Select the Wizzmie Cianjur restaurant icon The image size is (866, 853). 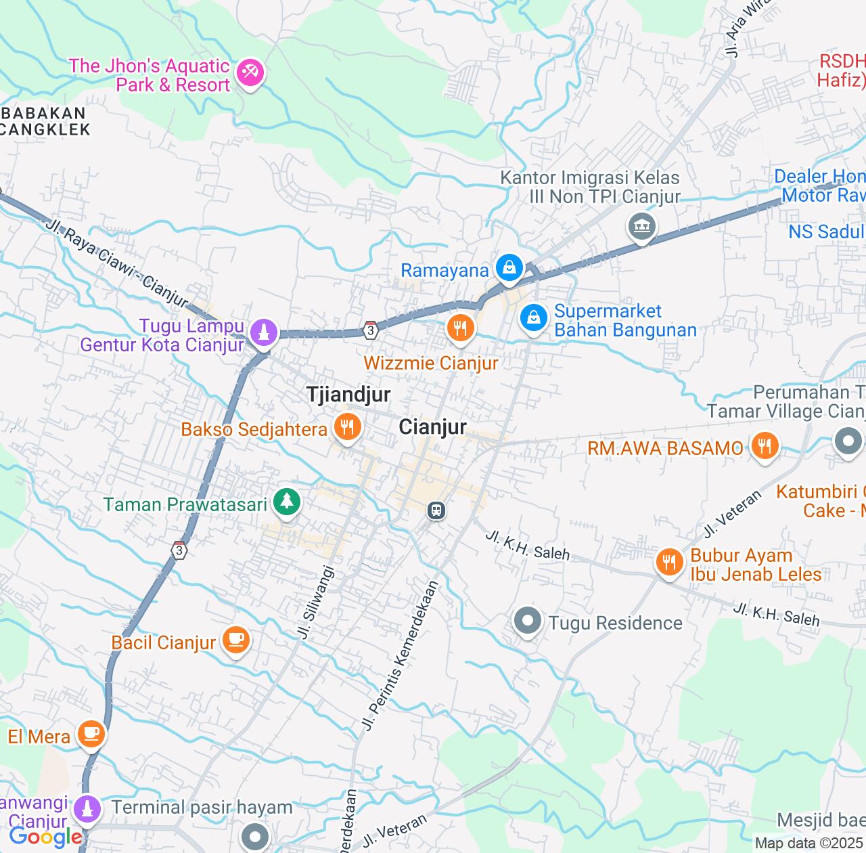(x=460, y=328)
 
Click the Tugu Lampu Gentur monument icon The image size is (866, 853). (x=263, y=332)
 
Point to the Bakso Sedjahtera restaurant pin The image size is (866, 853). (x=347, y=427)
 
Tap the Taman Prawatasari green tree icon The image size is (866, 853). (x=288, y=502)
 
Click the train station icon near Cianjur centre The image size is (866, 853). (x=436, y=510)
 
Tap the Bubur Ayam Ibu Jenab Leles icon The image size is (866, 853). (x=668, y=561)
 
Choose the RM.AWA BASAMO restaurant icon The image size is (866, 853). (x=765, y=445)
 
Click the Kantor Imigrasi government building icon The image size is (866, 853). (x=641, y=225)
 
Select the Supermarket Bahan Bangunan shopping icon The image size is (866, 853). (x=533, y=316)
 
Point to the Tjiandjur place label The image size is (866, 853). (x=348, y=395)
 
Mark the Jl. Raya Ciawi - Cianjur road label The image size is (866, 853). (x=118, y=261)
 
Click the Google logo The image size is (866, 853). (x=45, y=837)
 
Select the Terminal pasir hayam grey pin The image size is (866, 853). (x=255, y=836)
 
